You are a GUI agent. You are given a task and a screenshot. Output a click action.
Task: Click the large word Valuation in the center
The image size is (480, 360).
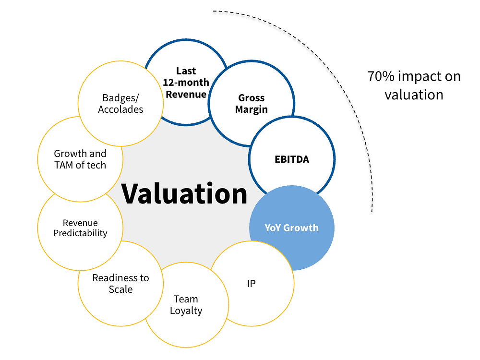pos(184,193)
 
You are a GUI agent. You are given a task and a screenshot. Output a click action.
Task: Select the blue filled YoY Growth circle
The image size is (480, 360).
pos(291,228)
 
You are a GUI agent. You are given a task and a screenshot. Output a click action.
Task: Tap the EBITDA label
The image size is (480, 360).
pos(292,159)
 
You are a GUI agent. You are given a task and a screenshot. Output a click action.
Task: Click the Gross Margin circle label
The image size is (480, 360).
pos(251,104)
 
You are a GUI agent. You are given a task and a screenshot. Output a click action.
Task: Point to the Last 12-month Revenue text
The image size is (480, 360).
pos(186,83)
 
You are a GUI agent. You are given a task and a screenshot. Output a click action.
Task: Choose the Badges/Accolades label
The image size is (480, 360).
pos(120,104)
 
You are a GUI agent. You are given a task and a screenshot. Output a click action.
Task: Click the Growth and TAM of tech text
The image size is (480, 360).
pos(80,159)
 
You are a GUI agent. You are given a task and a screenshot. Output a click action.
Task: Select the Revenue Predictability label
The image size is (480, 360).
pos(80,228)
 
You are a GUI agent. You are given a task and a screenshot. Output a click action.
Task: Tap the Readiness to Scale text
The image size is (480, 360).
pos(120,283)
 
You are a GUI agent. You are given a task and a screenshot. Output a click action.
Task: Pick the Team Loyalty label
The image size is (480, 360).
pos(186,305)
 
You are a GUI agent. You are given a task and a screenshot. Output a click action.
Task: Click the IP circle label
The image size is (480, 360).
pos(251,283)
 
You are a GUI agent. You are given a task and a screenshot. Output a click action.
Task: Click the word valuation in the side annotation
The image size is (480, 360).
pos(414,94)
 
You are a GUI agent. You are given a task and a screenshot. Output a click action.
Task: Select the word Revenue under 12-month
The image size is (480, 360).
pos(186,94)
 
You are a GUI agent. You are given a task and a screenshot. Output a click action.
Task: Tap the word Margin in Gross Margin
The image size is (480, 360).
pos(251,109)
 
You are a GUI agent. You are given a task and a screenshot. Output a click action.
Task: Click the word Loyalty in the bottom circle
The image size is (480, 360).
pos(186,311)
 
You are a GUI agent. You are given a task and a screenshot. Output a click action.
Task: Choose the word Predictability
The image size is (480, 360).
pos(80,233)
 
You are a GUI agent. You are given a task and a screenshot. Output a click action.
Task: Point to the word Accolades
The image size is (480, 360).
pos(120,109)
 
